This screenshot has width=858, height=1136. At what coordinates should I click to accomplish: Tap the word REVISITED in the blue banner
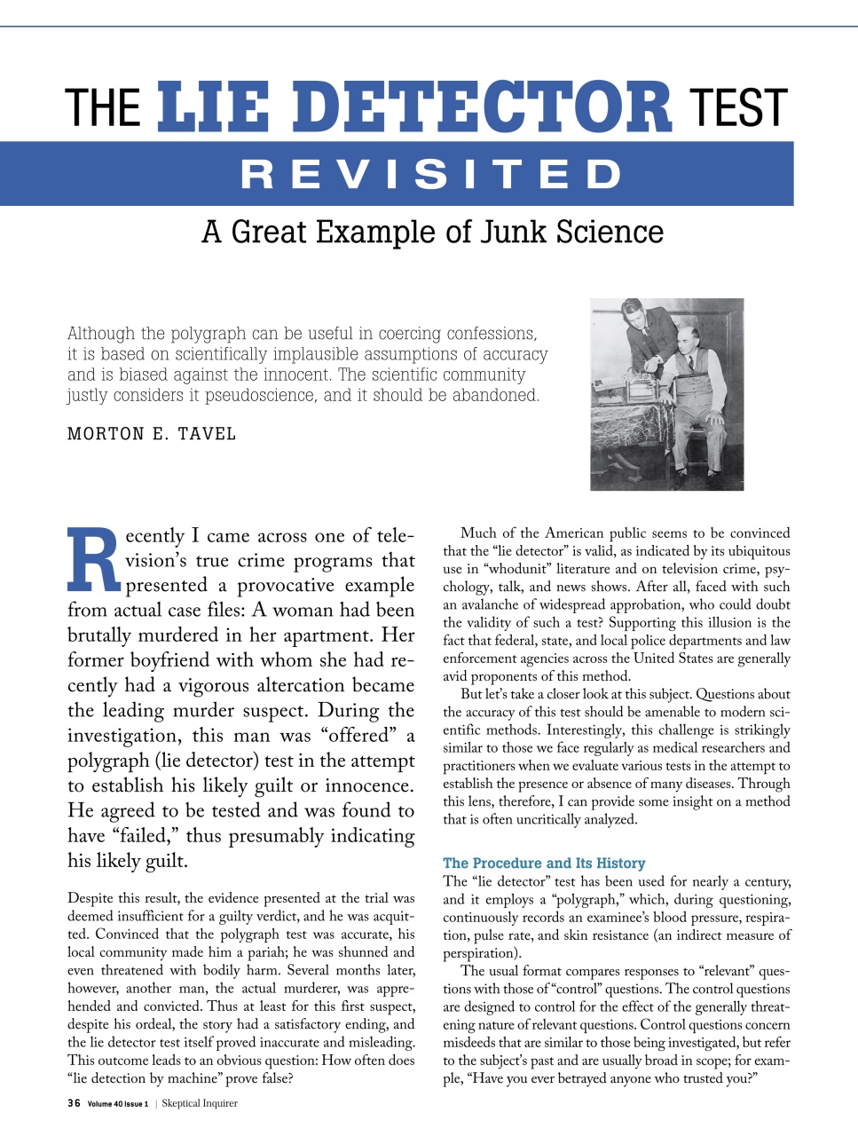pyautogui.click(x=432, y=175)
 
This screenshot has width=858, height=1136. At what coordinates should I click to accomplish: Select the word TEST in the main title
pyautogui.click(x=738, y=108)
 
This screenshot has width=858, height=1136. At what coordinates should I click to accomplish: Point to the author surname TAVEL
pyautogui.click(x=207, y=434)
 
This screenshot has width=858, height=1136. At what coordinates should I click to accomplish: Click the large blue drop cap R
pyautogui.click(x=93, y=561)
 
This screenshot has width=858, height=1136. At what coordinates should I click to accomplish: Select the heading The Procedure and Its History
pyautogui.click(x=544, y=863)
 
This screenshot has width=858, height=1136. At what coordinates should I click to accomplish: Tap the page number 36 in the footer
pyautogui.click(x=74, y=1103)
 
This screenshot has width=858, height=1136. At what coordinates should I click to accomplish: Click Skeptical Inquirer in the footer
pyautogui.click(x=200, y=1103)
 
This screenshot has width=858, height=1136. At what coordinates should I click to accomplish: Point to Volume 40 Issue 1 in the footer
pyautogui.click(x=118, y=1104)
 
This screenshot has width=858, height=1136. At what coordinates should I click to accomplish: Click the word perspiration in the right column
pyautogui.click(x=481, y=953)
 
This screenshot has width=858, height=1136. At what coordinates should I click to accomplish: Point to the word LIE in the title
pyautogui.click(x=214, y=107)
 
